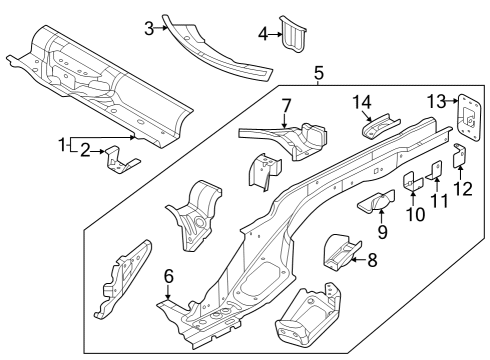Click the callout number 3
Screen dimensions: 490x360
pos(149,29)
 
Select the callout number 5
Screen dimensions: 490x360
pos(319,73)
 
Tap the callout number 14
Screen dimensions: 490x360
pos(362,102)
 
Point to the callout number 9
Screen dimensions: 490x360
pos(383,232)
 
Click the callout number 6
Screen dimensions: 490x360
pos(169,276)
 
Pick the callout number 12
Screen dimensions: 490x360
pos(463,189)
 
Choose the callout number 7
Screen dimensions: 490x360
pos(286,106)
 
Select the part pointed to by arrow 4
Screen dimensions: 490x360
pos(293,34)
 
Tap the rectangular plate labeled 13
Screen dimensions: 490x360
pos(469,118)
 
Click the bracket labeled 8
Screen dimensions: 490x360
pos(342,252)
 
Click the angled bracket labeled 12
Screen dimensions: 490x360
pos(460,155)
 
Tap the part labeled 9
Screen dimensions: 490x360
pos(377,201)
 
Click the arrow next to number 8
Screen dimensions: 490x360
pos(358,259)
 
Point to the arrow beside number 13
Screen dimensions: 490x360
pos(452,100)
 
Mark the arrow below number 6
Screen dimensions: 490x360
pos(169,292)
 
